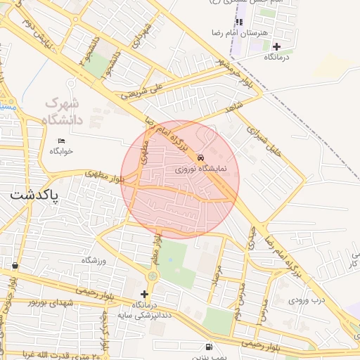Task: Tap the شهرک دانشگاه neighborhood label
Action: (63, 111)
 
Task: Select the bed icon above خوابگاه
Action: (62, 141)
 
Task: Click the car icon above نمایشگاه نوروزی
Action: (201, 157)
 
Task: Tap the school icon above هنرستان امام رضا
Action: (240, 22)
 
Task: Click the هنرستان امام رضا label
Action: (240, 33)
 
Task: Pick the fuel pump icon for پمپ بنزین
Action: (208, 347)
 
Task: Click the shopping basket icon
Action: (15, 266)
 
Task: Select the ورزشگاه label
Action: (94, 260)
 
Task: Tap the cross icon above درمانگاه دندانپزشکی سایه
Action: (145, 294)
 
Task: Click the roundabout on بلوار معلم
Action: (153, 276)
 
